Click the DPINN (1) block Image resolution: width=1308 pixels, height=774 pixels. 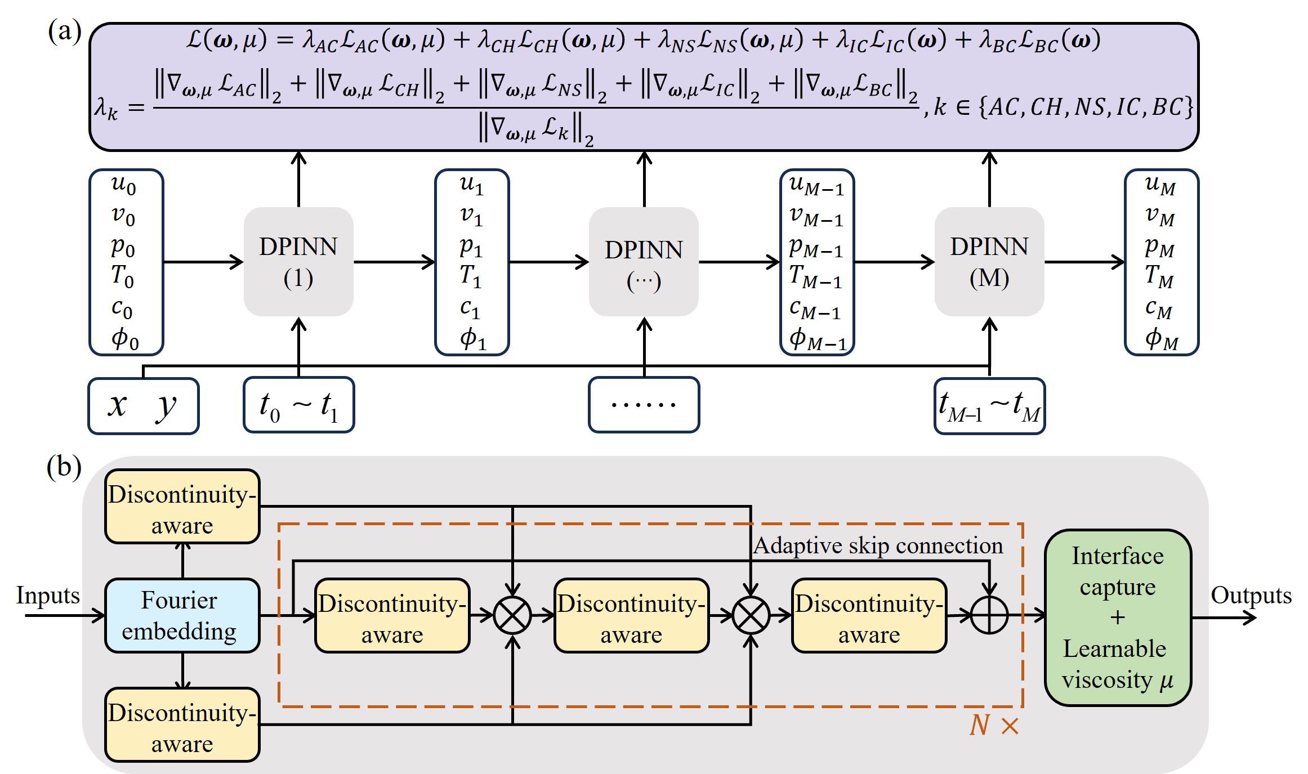coord(298,262)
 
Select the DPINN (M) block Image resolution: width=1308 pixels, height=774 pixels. coord(989,262)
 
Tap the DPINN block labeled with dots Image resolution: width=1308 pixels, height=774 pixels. coord(644,262)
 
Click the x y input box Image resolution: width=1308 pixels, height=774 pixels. coord(144,406)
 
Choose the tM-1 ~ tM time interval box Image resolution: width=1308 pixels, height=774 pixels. coord(989,406)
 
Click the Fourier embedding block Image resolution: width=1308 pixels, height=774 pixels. coord(182,615)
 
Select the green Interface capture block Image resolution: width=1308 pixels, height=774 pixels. coord(1118,618)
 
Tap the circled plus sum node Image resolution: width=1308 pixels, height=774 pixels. coord(989,615)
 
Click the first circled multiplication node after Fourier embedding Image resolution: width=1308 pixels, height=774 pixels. coord(512,615)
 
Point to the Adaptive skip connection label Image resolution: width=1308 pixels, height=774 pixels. coord(878,545)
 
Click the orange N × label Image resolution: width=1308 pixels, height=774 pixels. coord(994,725)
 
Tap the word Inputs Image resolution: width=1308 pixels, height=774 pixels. coord(48,596)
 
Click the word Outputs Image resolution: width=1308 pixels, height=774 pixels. coord(1251,596)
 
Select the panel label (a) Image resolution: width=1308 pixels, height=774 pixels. coord(65,32)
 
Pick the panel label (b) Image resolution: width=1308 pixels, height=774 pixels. coord(64,467)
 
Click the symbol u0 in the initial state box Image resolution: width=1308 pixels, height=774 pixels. coord(123,184)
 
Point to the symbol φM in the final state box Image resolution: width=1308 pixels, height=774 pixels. coord(1162,339)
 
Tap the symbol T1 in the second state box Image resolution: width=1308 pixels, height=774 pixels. coord(471,276)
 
